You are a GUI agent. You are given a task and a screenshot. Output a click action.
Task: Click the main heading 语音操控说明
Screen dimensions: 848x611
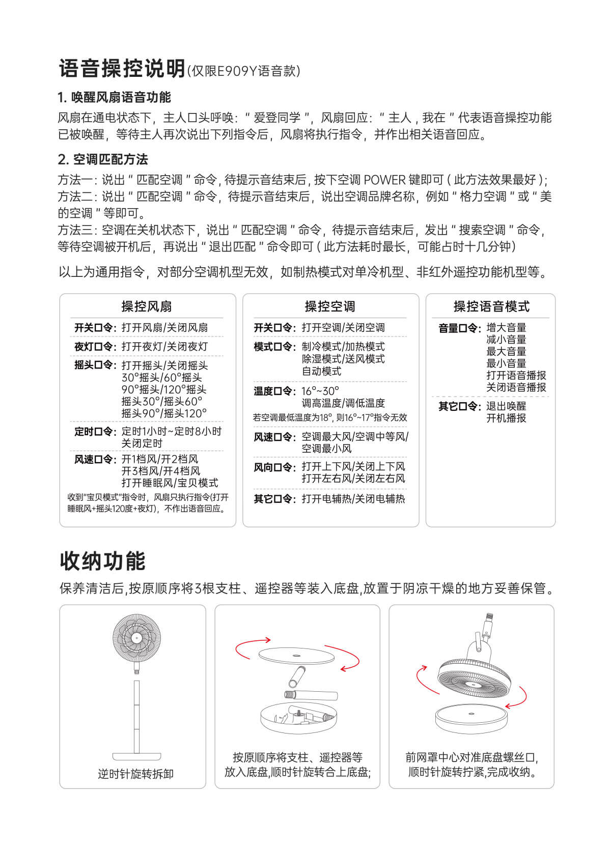[122, 69]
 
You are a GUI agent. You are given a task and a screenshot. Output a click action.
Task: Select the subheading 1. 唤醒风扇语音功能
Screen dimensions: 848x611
[114, 97]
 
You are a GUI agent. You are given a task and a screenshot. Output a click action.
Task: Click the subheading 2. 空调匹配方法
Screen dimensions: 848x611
[103, 159]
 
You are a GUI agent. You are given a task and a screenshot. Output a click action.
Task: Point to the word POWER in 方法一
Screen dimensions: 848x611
[384, 180]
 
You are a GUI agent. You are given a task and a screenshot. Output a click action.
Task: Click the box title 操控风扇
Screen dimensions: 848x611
[147, 306]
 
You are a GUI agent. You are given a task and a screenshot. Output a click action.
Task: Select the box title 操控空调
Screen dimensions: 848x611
[330, 306]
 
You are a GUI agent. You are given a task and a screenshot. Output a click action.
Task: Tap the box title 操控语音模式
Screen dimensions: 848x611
[491, 306]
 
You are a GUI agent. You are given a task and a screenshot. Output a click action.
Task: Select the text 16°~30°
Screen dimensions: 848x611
[320, 391]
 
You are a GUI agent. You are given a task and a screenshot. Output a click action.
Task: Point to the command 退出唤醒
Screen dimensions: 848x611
[506, 406]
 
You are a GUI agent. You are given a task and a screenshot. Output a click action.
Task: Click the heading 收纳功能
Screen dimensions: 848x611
[103, 561]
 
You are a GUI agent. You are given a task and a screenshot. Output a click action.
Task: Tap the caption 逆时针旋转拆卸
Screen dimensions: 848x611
[135, 774]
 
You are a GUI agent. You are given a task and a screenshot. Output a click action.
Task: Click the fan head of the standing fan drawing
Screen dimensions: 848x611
[136, 638]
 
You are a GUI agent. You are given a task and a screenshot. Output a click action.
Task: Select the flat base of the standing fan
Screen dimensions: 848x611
[136, 756]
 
